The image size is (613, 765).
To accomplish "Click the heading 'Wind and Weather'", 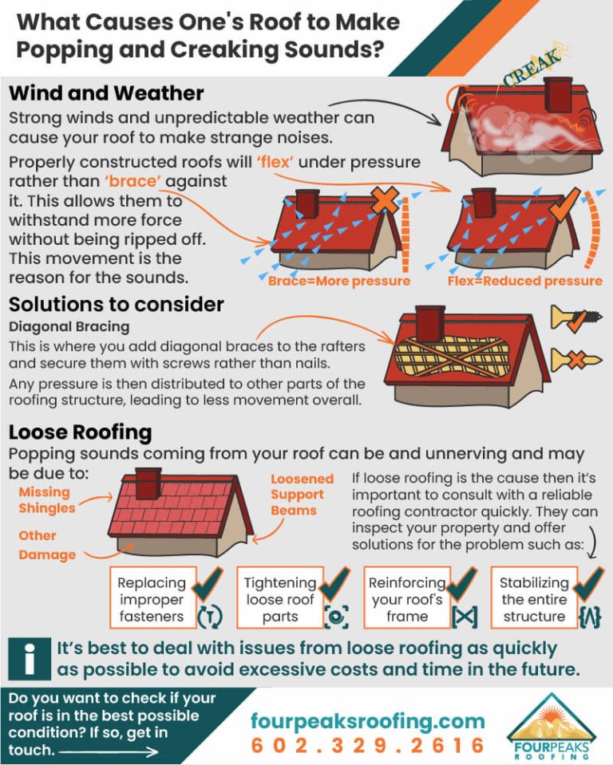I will point(106,93).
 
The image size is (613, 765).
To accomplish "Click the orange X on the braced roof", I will point(386,200).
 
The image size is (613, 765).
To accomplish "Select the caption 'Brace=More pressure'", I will point(338,282).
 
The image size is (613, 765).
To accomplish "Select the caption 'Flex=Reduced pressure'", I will point(525,282).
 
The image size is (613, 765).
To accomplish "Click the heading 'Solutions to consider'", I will point(116,304).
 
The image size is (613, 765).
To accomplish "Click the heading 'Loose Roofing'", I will point(80,432).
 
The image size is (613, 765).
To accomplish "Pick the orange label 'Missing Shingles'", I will point(47,500).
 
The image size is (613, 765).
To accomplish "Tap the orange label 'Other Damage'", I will point(47,546).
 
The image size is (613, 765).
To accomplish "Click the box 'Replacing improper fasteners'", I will point(152,599).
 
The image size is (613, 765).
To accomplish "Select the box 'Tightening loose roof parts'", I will point(280,599).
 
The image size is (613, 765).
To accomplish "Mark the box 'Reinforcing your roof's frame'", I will point(407,599).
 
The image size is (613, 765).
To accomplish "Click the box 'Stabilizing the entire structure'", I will point(534,599).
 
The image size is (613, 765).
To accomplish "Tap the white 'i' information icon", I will point(30,657).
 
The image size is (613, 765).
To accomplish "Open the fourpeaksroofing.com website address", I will point(367,721).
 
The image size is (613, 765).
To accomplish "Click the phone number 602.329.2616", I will point(367,746).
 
